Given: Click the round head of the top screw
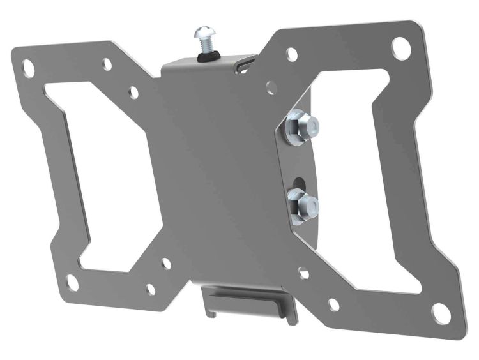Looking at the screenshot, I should [206, 33].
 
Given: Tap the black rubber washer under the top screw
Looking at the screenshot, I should [206, 57].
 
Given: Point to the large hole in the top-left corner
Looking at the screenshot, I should [29, 66].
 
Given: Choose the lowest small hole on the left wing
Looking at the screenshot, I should [151, 290].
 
